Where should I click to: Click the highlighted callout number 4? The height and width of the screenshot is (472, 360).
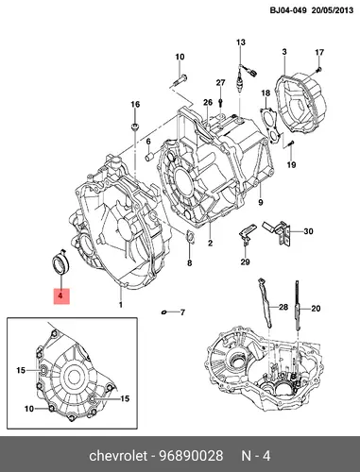pyautogui.click(x=60, y=295)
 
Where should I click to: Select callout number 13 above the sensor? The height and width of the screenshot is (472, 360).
pyautogui.click(x=241, y=42)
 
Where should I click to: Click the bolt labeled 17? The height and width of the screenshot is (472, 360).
pyautogui.click(x=318, y=69)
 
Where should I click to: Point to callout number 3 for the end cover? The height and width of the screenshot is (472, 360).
pyautogui.click(x=284, y=52)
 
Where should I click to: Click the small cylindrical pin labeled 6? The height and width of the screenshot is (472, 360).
pyautogui.click(x=149, y=157)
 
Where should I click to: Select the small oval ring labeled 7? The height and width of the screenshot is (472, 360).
pyautogui.click(x=163, y=312)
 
